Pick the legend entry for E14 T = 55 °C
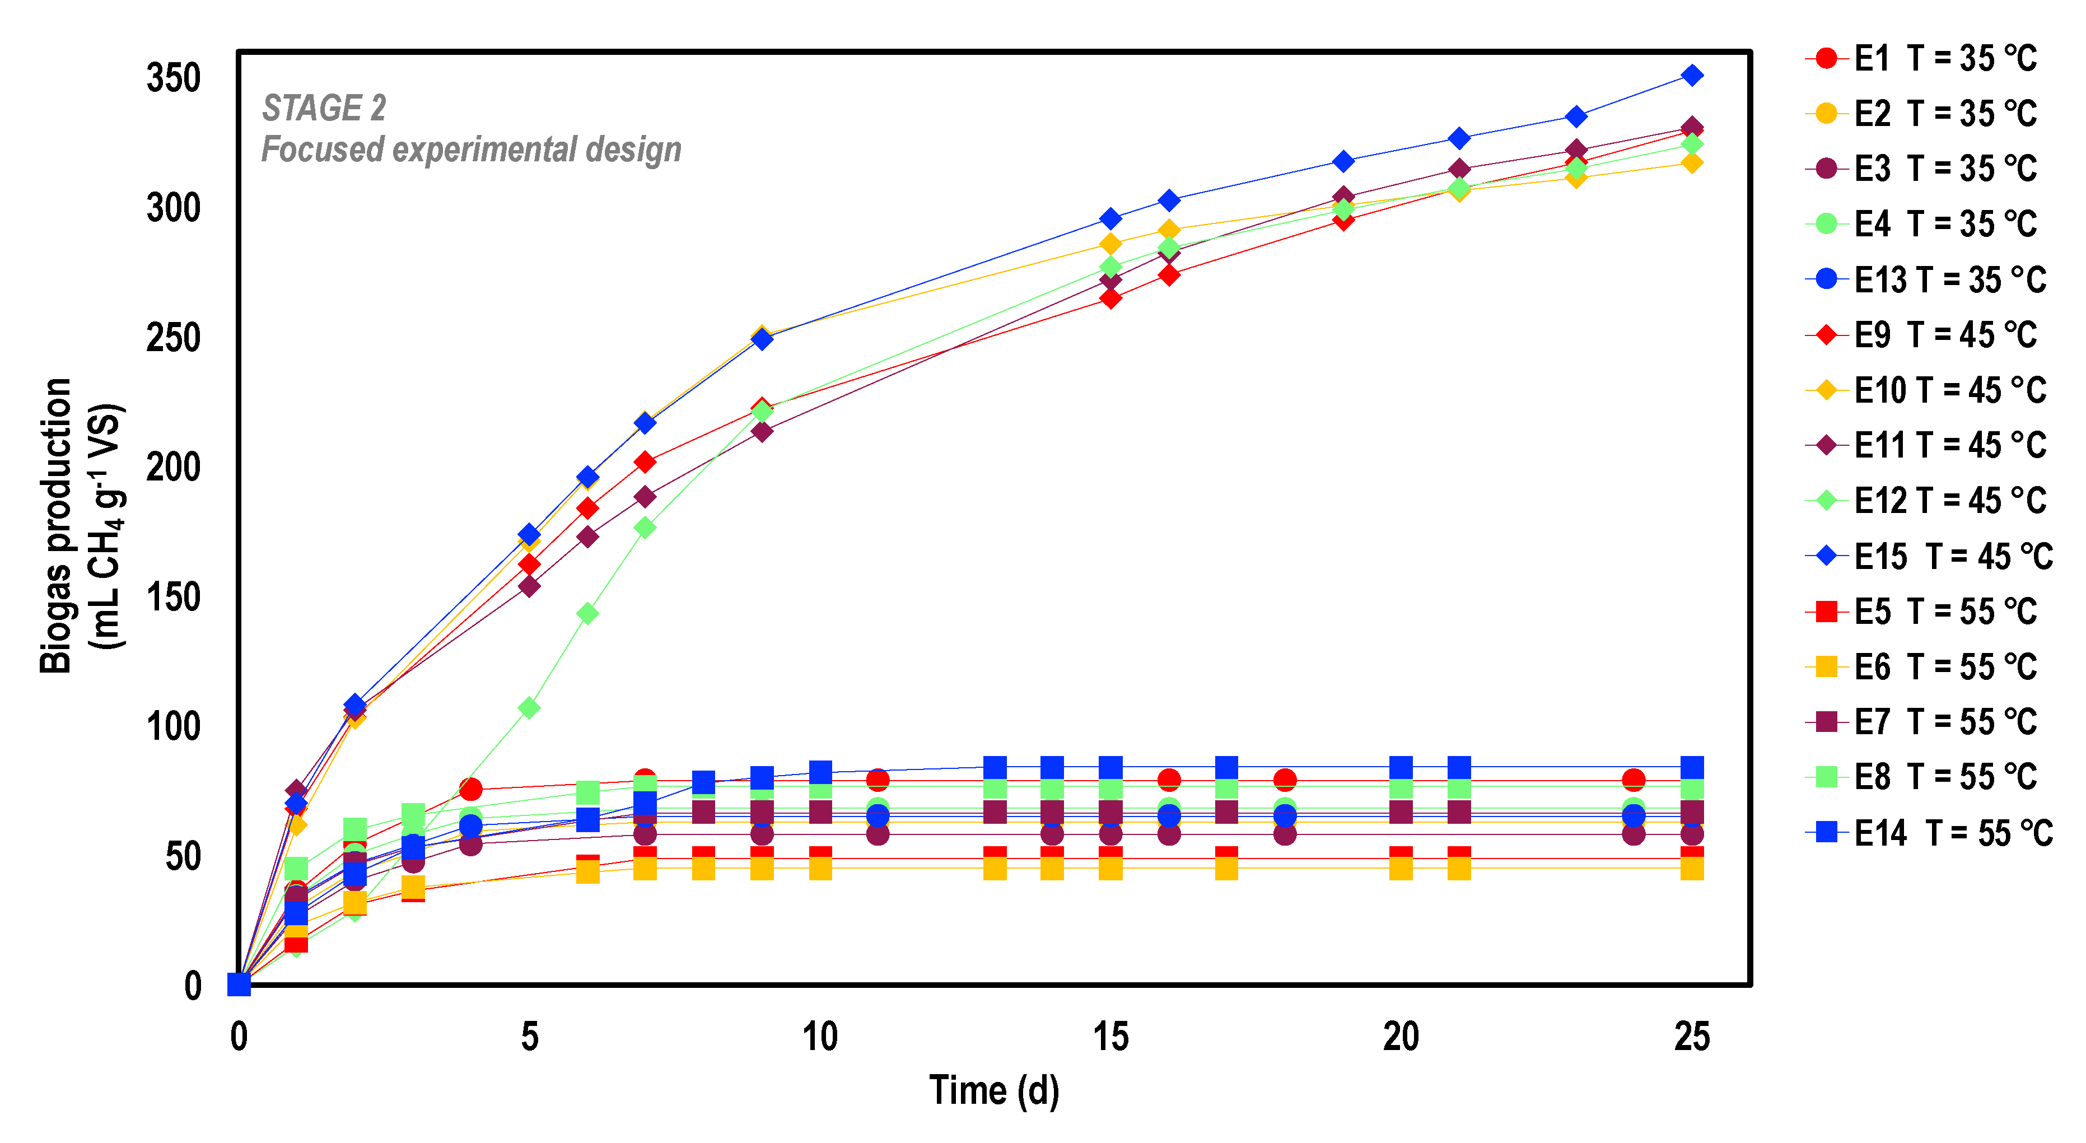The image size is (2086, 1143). click(1929, 833)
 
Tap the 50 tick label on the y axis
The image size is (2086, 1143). click(183, 857)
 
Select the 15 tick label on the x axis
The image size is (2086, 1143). click(1110, 1037)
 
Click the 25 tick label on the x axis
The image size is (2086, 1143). click(1692, 1037)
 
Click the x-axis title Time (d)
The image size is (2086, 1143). click(995, 1090)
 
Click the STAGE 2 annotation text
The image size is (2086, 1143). click(324, 108)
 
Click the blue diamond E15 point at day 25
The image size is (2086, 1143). click(1692, 76)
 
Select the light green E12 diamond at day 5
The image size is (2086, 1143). click(529, 708)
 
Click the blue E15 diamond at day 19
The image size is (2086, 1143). click(1343, 161)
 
